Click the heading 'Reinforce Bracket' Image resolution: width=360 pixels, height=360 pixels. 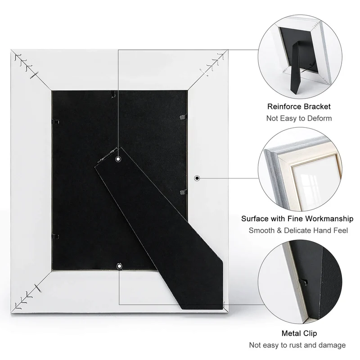pyautogui.click(x=299, y=107)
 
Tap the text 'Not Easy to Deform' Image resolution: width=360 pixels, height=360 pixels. pyautogui.click(x=299, y=118)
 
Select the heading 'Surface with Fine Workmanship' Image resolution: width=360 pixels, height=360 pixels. pyautogui.click(x=297, y=219)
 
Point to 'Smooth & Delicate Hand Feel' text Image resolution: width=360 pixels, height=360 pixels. pyautogui.click(x=298, y=230)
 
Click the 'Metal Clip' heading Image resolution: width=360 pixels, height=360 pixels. pyautogui.click(x=299, y=333)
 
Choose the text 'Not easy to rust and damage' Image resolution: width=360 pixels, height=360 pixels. pyautogui.click(x=297, y=345)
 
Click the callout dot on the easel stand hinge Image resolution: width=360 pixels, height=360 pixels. pyautogui.click(x=118, y=159)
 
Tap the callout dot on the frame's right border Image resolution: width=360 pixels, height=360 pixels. pyautogui.click(x=197, y=178)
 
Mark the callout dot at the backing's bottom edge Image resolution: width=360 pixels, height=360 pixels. pyautogui.click(x=119, y=266)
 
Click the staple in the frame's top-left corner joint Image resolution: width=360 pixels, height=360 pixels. pyautogui.click(x=34, y=75)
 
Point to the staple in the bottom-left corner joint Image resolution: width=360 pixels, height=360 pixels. pyautogui.click(x=38, y=288)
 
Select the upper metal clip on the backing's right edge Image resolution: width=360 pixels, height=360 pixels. pyautogui.click(x=183, y=117)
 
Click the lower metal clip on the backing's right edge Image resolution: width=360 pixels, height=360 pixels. pyautogui.click(x=183, y=192)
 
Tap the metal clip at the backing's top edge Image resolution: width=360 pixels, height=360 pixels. pyautogui.click(x=112, y=94)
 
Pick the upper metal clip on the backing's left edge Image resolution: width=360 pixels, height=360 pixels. pyautogui.click(x=56, y=121)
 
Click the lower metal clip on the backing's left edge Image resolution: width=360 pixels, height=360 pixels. pyautogui.click(x=55, y=236)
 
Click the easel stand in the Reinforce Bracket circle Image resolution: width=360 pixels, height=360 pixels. pyautogui.click(x=296, y=68)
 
